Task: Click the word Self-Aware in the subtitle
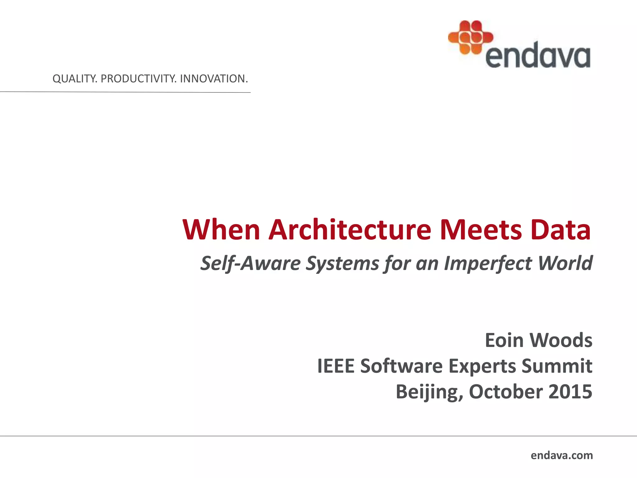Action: tap(250, 263)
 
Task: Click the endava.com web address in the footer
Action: tap(562, 455)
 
